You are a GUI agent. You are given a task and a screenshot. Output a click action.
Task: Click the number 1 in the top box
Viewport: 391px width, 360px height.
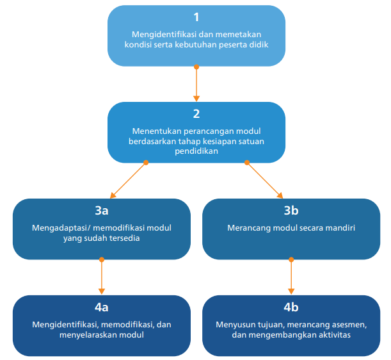click(x=196, y=17)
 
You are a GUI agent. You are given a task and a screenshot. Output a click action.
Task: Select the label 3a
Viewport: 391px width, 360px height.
click(x=102, y=210)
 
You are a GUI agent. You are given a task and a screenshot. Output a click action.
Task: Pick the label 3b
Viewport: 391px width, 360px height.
click(x=291, y=210)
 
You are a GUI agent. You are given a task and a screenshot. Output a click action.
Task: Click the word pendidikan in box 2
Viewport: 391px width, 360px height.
click(x=196, y=151)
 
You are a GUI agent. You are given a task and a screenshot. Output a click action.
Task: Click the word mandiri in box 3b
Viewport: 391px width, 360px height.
click(x=340, y=227)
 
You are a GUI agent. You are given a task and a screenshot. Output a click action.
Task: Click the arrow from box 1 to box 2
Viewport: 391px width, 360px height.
click(x=196, y=83)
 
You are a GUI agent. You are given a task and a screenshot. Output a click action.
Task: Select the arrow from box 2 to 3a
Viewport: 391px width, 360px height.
click(x=129, y=179)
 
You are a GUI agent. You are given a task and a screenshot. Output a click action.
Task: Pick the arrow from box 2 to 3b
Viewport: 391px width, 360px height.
click(x=264, y=179)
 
